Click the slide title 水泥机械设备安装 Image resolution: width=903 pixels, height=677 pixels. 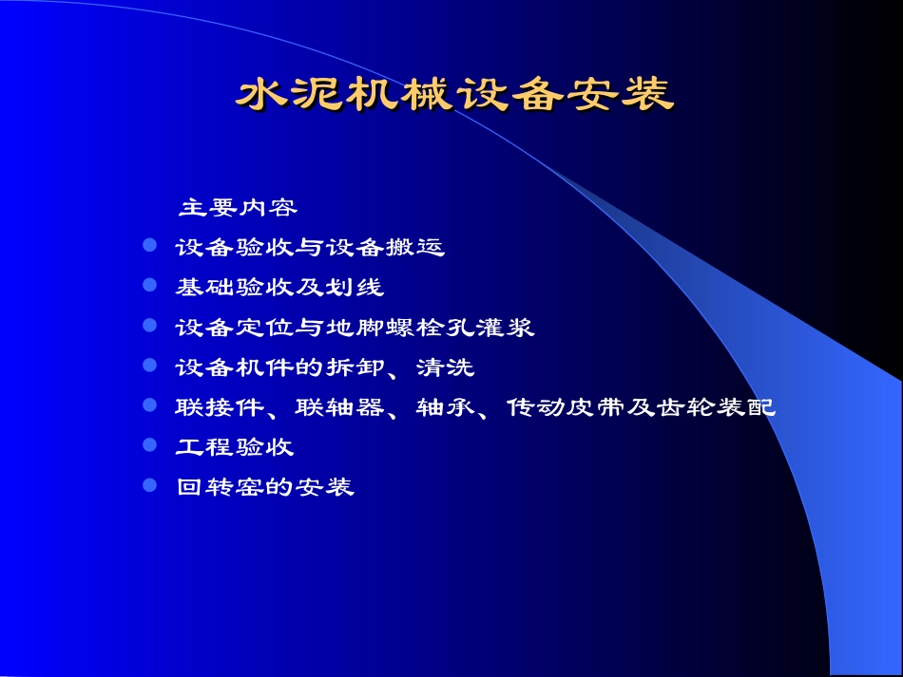coord(454,95)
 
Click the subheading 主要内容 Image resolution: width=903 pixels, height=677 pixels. coord(239,207)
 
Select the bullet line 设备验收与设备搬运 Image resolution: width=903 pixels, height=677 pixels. coord(310,248)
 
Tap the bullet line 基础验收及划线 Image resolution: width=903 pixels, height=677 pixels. coord(279,287)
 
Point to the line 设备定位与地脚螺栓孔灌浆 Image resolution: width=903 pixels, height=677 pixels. coord(355,328)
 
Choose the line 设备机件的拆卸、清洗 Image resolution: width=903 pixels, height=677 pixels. coord(324,367)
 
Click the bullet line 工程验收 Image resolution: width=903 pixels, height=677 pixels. coord(235,446)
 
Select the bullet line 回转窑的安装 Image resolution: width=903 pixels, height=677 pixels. coord(265,487)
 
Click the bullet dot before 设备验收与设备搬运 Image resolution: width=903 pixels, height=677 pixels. coord(149,246)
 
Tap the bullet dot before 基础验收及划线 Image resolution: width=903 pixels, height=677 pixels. coord(149,285)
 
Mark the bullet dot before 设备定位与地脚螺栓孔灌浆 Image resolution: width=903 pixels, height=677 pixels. coord(149,326)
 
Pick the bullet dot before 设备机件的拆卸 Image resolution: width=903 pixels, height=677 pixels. coord(149,365)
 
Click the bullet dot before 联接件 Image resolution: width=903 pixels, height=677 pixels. coord(149,405)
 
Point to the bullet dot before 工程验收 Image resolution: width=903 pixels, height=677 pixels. coord(149,444)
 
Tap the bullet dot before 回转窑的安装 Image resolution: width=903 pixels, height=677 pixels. coord(149,485)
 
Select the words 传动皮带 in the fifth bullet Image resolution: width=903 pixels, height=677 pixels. coord(566,407)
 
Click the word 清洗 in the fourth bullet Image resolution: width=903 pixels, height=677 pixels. coord(445,367)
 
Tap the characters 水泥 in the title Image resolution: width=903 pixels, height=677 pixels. coord(290,95)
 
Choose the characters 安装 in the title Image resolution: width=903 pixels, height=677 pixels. coord(619,95)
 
